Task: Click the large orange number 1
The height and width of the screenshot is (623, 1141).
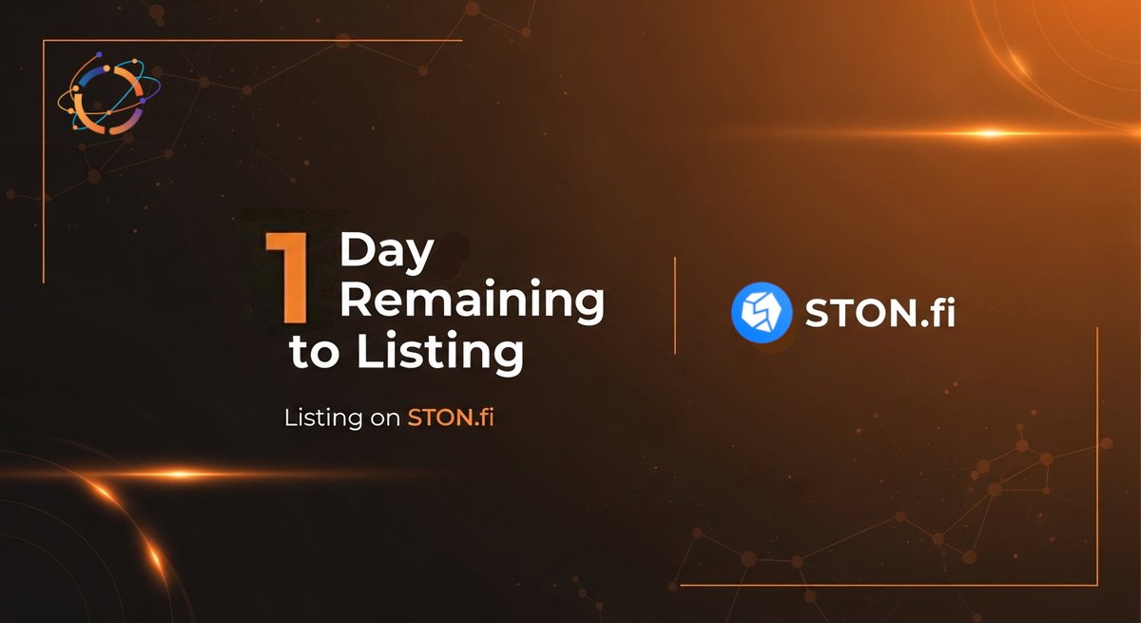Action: pyautogui.click(x=288, y=277)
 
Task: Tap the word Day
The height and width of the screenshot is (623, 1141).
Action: pyautogui.click(x=386, y=252)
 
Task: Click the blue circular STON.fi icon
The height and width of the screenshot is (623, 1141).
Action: pyautogui.click(x=762, y=312)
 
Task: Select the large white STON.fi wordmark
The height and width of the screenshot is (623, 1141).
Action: pyautogui.click(x=880, y=312)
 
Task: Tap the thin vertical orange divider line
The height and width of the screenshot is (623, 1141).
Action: pyautogui.click(x=675, y=304)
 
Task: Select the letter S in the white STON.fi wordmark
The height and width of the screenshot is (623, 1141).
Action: pyautogui.click(x=818, y=312)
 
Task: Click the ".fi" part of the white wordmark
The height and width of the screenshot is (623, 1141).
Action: pyautogui.click(x=935, y=312)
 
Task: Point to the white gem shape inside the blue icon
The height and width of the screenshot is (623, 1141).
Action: pyautogui.click(x=762, y=312)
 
